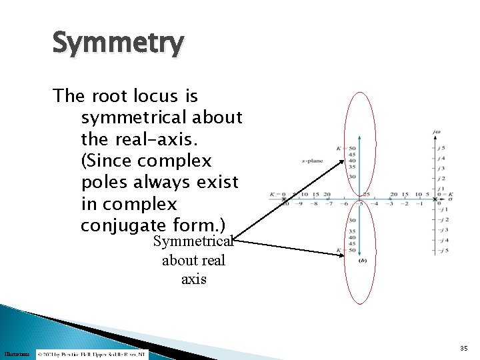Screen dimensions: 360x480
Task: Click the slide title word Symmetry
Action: point(117,44)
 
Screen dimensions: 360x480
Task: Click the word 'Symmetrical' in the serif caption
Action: point(193,241)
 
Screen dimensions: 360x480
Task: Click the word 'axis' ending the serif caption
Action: point(194,279)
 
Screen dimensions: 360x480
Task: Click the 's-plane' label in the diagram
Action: point(312,161)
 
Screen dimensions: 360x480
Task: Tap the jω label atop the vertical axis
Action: point(437,132)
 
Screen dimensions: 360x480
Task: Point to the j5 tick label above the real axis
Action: point(441,148)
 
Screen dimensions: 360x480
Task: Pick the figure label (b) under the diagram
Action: point(363,260)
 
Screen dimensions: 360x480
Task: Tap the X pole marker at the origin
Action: point(435,199)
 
